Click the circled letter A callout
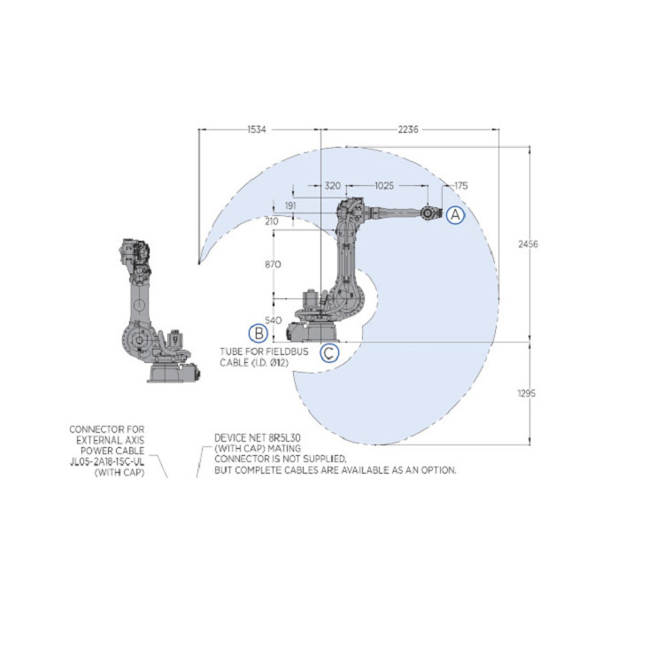(x=454, y=214)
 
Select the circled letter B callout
(x=258, y=334)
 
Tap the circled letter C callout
(x=328, y=353)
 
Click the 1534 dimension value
(x=257, y=130)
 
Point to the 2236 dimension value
(x=408, y=130)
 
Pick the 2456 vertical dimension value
(x=528, y=243)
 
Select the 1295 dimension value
(x=527, y=392)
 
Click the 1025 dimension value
(x=384, y=186)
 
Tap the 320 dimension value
(x=333, y=186)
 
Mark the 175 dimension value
(x=460, y=186)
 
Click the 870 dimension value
(x=272, y=265)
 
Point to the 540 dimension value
(x=272, y=320)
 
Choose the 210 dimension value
(x=271, y=220)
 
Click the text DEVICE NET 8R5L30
(x=256, y=438)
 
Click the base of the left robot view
(x=168, y=372)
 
